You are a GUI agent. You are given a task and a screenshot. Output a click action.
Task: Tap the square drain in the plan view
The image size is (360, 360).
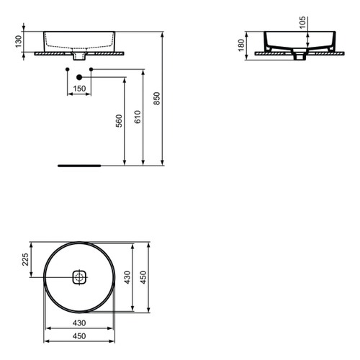click(x=79, y=276)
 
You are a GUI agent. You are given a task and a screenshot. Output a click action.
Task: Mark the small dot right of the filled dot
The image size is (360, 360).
click(x=91, y=69)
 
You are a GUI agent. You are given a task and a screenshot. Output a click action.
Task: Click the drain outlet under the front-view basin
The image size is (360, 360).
click(x=79, y=57)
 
